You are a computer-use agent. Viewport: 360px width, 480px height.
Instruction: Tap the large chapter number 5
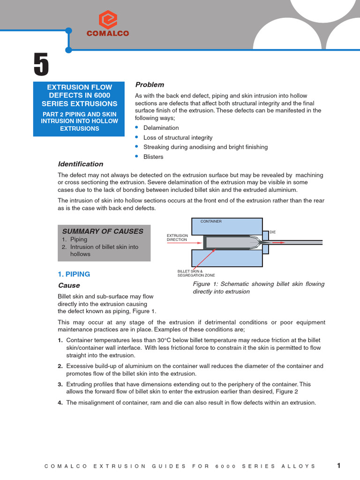41,65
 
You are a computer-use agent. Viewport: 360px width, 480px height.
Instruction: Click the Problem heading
150,84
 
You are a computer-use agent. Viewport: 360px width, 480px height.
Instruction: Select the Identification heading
80,164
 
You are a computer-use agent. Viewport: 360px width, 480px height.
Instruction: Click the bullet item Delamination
161,128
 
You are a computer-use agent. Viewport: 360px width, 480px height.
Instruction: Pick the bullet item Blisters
152,157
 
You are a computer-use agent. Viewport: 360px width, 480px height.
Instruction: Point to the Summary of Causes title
103,231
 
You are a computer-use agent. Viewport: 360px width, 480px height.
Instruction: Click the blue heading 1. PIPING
74,274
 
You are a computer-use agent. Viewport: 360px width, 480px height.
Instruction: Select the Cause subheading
69,285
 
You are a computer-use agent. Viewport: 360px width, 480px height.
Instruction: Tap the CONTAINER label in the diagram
211,221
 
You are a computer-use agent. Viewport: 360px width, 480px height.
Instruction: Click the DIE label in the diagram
272,232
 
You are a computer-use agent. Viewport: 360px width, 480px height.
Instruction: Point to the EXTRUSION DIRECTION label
177,237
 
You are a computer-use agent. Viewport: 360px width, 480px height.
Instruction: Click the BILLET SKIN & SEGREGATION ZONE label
196,273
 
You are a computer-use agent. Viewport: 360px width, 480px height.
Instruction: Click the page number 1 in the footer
339,465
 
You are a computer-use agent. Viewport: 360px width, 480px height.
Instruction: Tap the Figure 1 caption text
258,288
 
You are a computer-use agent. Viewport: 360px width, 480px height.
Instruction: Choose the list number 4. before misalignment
60,403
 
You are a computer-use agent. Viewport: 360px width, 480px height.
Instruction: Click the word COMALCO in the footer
66,466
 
